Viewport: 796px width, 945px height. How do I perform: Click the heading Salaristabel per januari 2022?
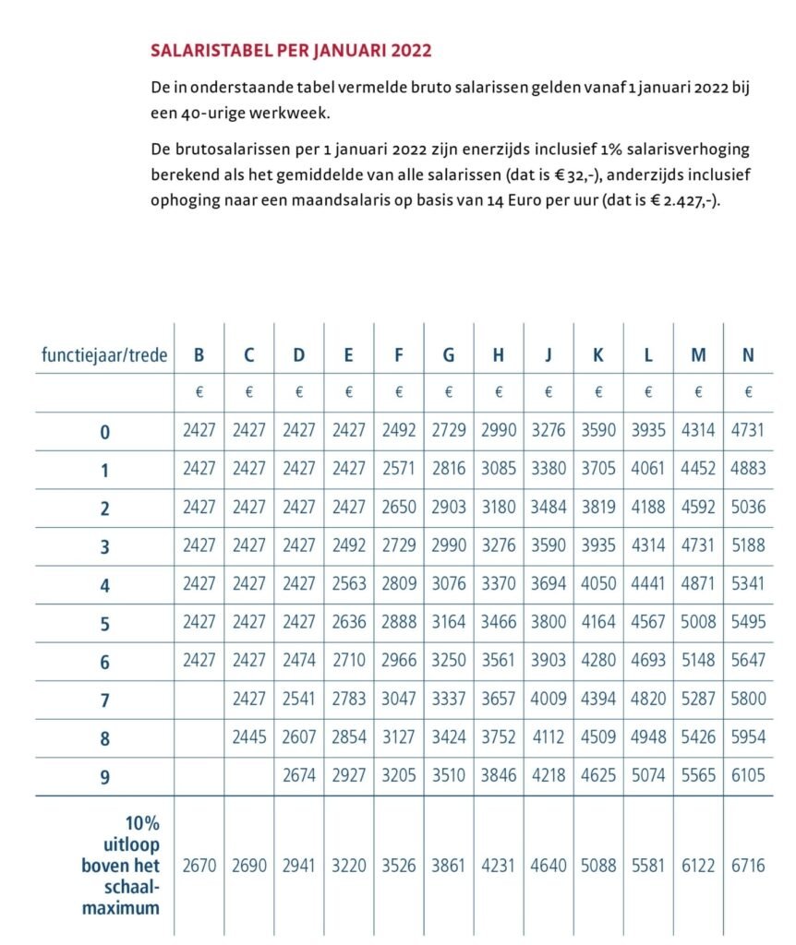291,50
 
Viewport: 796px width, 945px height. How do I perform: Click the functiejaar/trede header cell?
104,354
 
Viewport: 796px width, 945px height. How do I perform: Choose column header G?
449,354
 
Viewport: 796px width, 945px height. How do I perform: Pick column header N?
748,354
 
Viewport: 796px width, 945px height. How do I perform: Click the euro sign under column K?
598,392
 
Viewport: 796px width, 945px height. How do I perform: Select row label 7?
104,700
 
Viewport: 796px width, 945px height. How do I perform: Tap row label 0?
104,431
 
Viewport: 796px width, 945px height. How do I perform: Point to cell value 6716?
748,867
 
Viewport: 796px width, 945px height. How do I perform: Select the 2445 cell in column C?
249,736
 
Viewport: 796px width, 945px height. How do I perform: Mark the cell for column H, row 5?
499,621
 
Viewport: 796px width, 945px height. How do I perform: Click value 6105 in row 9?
748,775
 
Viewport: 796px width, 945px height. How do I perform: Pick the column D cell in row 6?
299,660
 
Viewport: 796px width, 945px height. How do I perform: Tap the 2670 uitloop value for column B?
199,867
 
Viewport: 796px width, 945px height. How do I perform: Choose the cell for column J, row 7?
549,699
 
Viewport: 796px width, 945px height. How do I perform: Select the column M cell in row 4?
698,583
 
